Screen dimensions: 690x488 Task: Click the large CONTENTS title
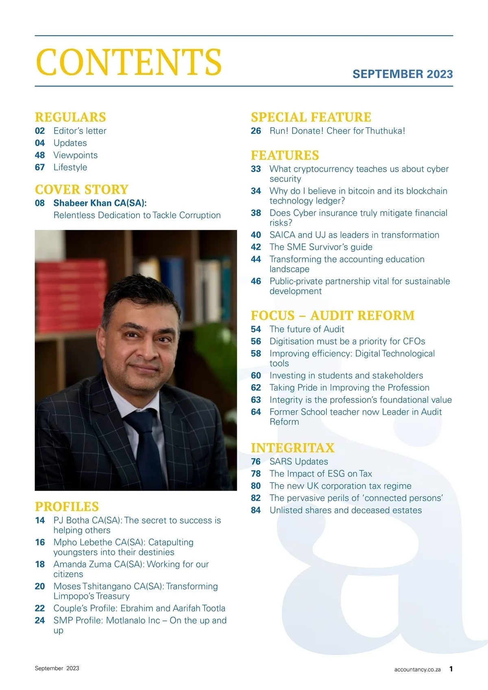pyautogui.click(x=129, y=62)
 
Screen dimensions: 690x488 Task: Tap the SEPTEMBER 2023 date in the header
pyautogui.click(x=402, y=74)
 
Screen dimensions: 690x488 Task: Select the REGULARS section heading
pyautogui.click(x=70, y=117)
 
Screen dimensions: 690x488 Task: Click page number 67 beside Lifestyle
pyautogui.click(x=40, y=167)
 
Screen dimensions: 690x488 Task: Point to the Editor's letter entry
pyautogui.click(x=80, y=131)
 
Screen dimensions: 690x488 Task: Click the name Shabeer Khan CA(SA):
pyautogui.click(x=100, y=203)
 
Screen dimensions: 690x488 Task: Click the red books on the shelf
pyautogui.click(x=69, y=285)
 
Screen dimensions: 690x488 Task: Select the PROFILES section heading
pyautogui.click(x=67, y=507)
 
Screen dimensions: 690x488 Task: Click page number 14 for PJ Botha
pyautogui.click(x=40, y=520)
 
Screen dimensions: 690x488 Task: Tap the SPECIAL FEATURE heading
pyautogui.click(x=311, y=117)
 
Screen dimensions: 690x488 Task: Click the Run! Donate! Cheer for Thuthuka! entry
pyautogui.click(x=337, y=131)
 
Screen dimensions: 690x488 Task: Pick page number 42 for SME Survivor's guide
pyautogui.click(x=256, y=247)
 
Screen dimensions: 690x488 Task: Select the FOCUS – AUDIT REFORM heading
pyautogui.click(x=333, y=315)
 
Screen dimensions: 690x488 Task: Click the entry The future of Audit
pyautogui.click(x=307, y=329)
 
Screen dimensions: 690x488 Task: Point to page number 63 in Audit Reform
pyautogui.click(x=256, y=400)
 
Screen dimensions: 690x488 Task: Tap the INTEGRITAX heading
pyautogui.click(x=292, y=448)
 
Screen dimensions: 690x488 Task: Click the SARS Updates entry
pyautogui.click(x=298, y=462)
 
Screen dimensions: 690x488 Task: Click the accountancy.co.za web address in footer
pyautogui.click(x=417, y=669)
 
